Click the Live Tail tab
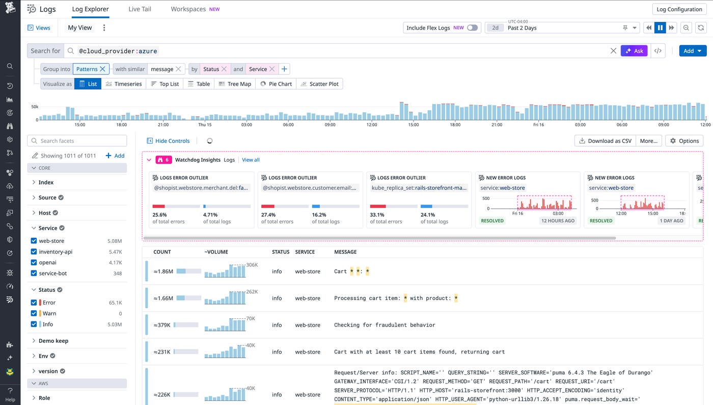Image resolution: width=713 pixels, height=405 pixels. point(140,9)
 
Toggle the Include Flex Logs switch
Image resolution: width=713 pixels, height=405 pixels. point(473,28)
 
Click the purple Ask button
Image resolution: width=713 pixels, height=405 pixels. point(634,51)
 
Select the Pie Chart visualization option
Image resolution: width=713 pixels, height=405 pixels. point(276,84)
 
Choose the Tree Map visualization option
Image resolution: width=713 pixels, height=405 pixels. point(235,84)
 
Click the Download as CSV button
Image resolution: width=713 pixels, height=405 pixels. point(605,141)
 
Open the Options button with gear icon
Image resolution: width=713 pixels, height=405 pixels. point(684,141)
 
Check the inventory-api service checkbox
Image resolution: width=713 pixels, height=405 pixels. point(34,252)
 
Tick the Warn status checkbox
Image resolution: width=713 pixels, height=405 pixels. point(34,314)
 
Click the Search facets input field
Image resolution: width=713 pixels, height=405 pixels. point(77,141)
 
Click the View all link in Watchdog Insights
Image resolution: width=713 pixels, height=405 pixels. point(251,160)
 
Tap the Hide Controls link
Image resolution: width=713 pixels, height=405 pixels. point(168,141)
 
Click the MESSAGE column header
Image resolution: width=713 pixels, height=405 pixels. point(345,252)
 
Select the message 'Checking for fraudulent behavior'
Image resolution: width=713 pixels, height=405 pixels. point(385,325)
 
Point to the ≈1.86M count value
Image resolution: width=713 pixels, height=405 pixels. point(163,271)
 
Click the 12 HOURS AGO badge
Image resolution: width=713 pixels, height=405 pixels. point(558,221)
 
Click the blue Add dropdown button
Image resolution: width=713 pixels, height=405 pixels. point(692,51)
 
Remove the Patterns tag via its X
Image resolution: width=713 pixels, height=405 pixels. point(103,69)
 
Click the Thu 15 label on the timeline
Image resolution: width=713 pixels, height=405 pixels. point(205,125)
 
